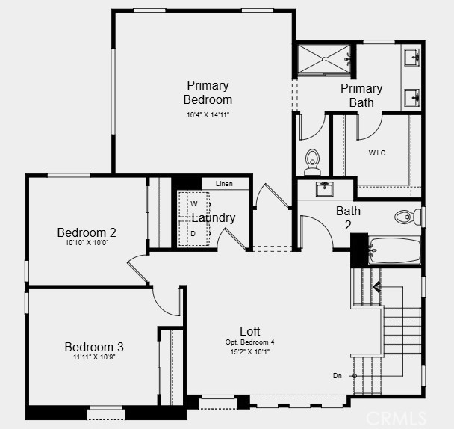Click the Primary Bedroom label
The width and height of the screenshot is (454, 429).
click(208, 93)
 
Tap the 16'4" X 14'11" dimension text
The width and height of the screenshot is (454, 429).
click(208, 115)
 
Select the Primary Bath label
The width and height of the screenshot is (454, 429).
click(361, 96)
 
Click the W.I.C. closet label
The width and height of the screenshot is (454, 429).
click(378, 152)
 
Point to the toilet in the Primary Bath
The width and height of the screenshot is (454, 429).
click(312, 159)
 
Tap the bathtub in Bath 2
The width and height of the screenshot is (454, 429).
click(395, 250)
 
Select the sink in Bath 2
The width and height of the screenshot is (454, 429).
click(324, 189)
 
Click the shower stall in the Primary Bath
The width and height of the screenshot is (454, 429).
click(324, 59)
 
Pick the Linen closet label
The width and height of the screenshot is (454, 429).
click(224, 184)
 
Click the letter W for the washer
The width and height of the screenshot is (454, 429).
click(193, 203)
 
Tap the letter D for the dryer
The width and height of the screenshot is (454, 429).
click(193, 233)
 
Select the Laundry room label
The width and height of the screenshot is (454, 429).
click(214, 218)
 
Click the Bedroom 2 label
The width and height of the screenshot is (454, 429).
click(87, 232)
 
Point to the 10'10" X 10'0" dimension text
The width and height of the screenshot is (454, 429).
click(87, 243)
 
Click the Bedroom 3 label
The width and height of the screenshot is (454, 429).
click(94, 347)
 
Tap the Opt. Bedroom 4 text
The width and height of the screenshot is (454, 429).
click(249, 342)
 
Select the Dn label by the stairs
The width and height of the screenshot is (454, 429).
click(338, 375)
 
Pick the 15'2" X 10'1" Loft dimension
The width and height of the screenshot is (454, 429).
click(249, 351)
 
